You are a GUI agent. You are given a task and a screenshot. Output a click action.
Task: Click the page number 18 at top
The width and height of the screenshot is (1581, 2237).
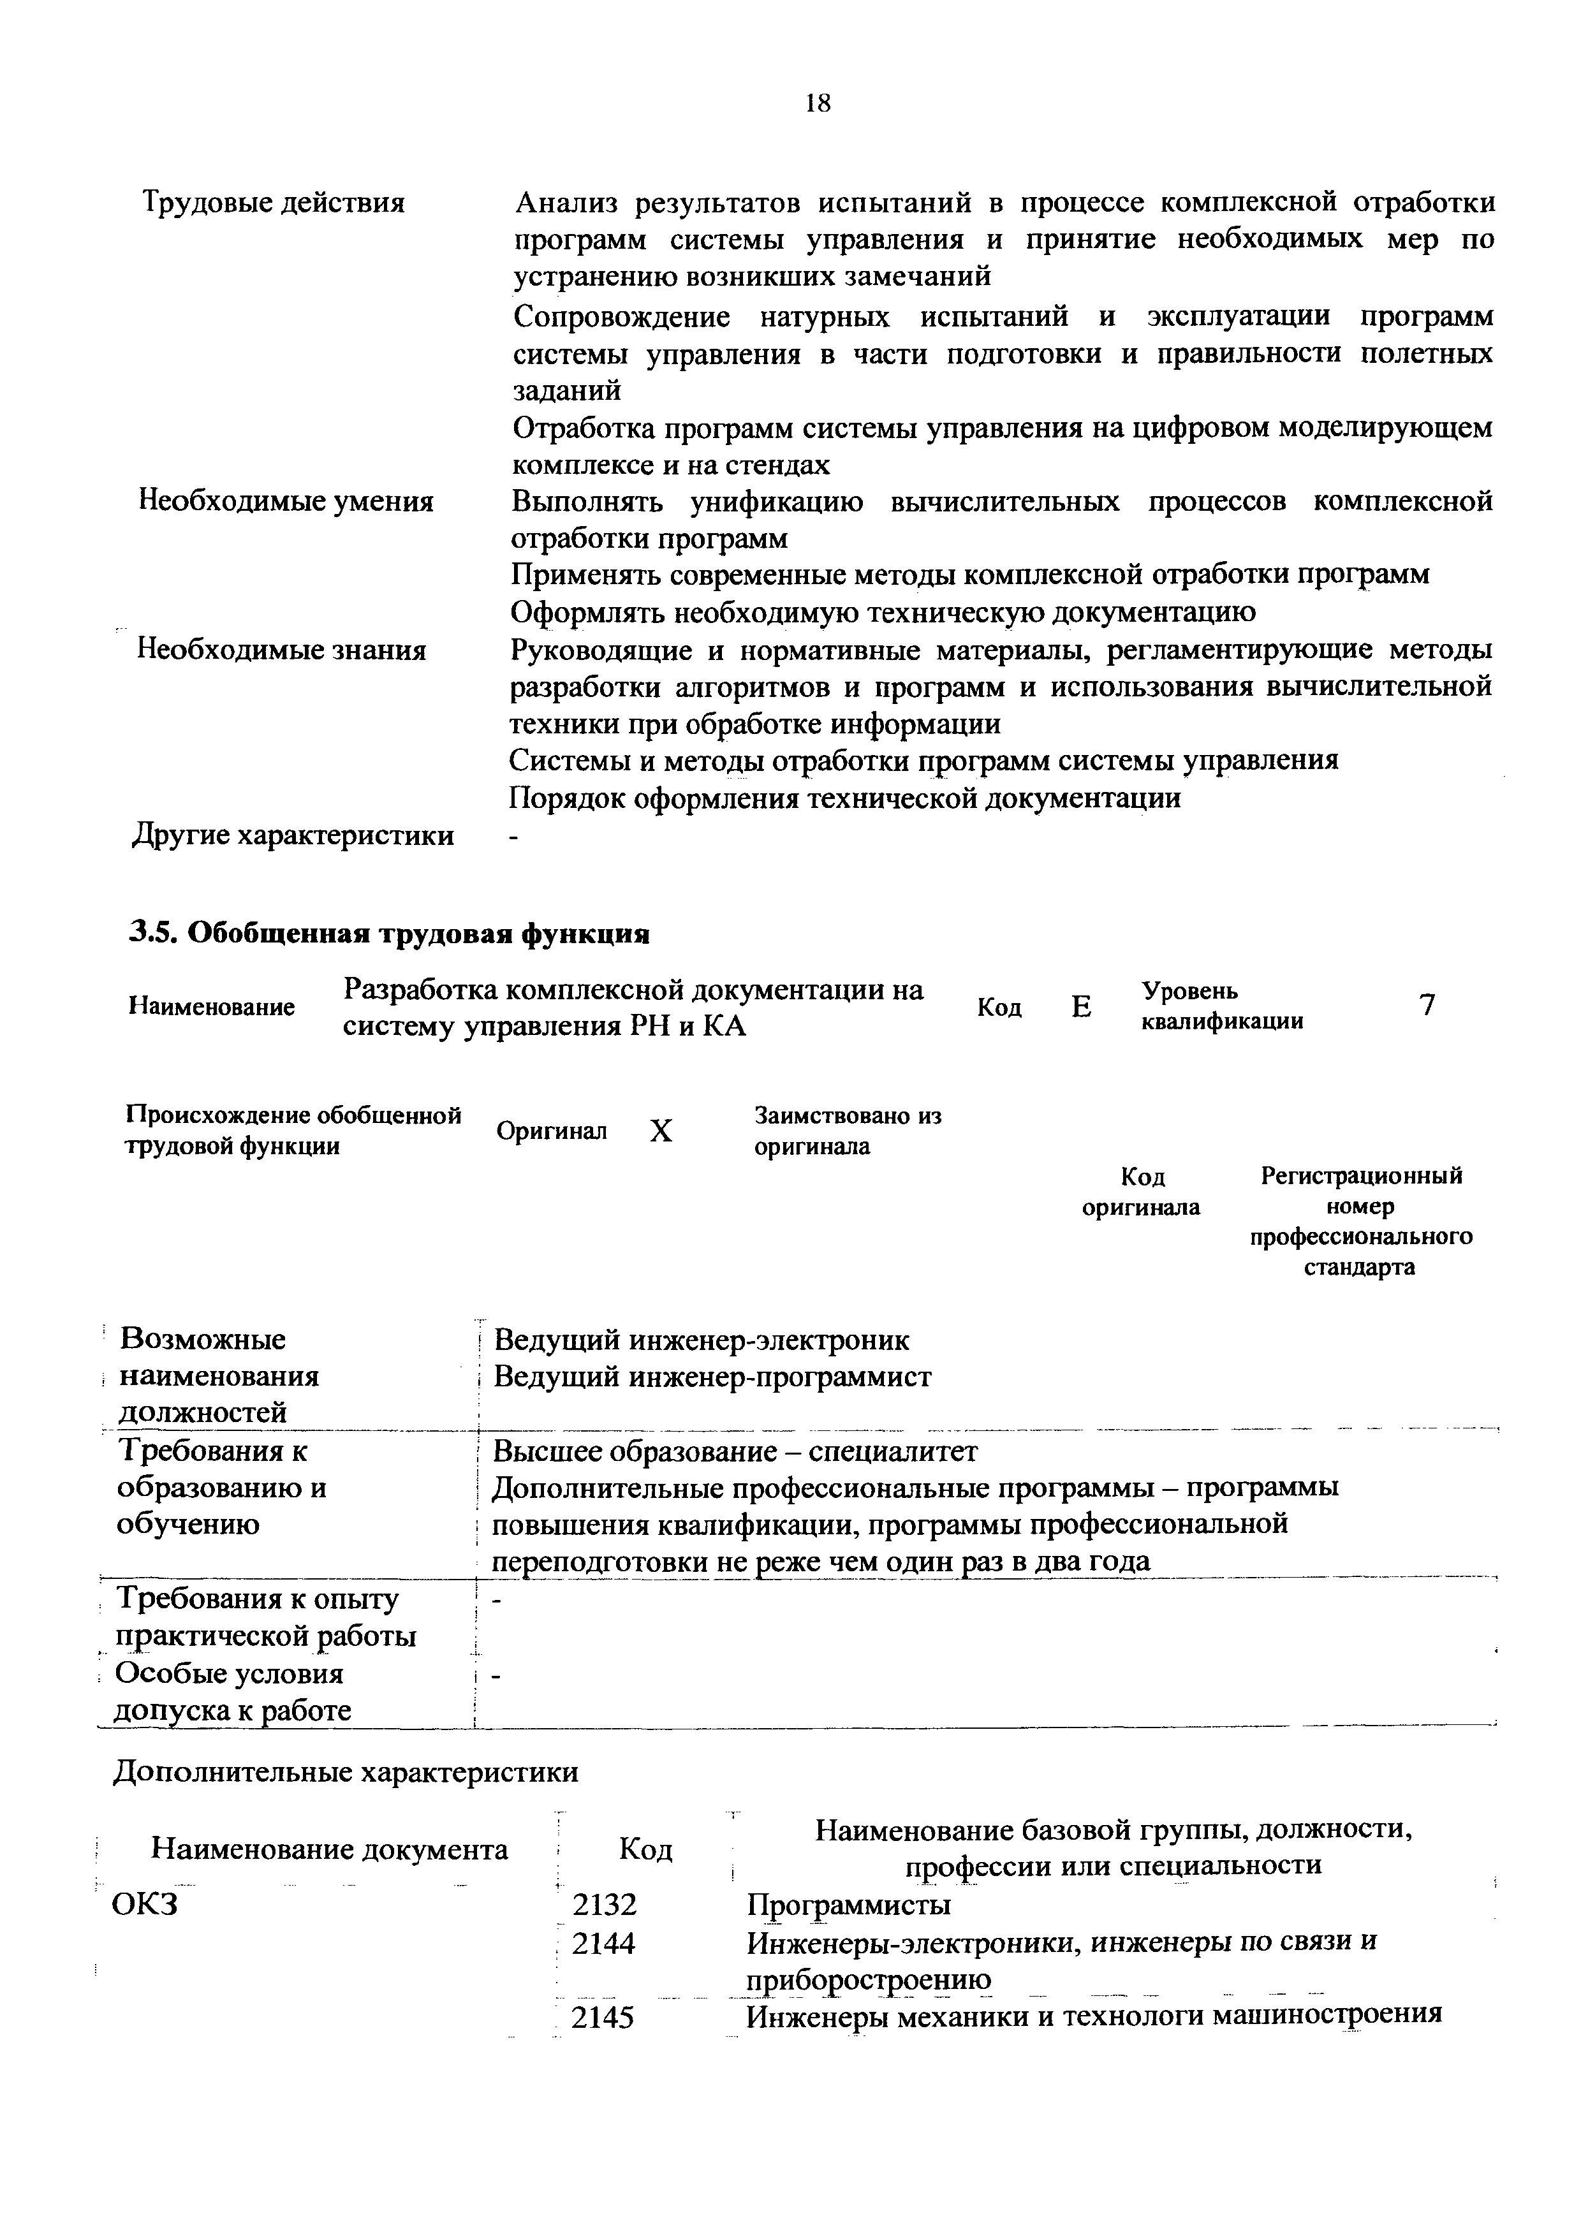[x=818, y=103]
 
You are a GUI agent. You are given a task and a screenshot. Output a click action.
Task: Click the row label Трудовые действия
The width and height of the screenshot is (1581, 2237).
[x=274, y=203]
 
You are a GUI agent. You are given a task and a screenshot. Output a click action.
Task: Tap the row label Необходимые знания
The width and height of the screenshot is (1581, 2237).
[x=281, y=649]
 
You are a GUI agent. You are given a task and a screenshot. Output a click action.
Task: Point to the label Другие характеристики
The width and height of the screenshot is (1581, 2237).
[x=292, y=835]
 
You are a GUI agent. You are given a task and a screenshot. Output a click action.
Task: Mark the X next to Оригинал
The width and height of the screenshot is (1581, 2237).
[x=661, y=1131]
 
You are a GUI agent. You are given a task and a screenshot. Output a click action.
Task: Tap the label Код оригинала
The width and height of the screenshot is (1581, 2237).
[x=1142, y=1192]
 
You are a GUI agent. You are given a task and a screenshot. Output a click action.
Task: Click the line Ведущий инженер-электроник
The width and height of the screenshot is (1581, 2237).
[x=702, y=1340]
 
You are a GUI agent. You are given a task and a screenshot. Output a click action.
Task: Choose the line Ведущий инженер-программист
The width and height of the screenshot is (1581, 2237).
[x=712, y=1377]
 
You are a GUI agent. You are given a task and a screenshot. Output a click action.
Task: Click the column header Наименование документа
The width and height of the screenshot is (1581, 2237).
[x=330, y=1849]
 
